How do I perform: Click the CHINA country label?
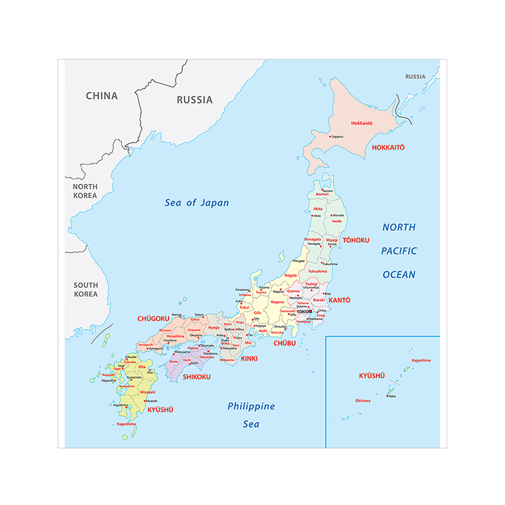pyautogui.click(x=102, y=96)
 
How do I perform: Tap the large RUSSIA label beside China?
pyautogui.click(x=194, y=100)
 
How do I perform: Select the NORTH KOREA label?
pyautogui.click(x=85, y=191)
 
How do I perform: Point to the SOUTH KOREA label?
pyautogui.click(x=85, y=290)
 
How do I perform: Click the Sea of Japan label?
pyautogui.click(x=196, y=203)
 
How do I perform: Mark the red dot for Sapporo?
pyautogui.click(x=330, y=136)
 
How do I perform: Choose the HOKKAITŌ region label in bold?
pyautogui.click(x=388, y=148)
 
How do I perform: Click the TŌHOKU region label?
pyautogui.click(x=355, y=241)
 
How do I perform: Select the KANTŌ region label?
pyautogui.click(x=339, y=300)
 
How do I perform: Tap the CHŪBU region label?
pyautogui.click(x=285, y=343)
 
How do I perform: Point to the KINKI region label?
pyautogui.click(x=249, y=359)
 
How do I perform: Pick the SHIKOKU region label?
pyautogui.click(x=196, y=377)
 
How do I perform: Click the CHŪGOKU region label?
pyautogui.click(x=153, y=319)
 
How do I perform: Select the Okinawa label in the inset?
pyautogui.click(x=362, y=400)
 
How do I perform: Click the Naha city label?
pyautogui.click(x=392, y=396)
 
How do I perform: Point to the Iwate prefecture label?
pyautogui.click(x=337, y=222)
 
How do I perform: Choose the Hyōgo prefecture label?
pyautogui.click(x=214, y=328)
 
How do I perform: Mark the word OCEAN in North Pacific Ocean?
pyautogui.click(x=399, y=275)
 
